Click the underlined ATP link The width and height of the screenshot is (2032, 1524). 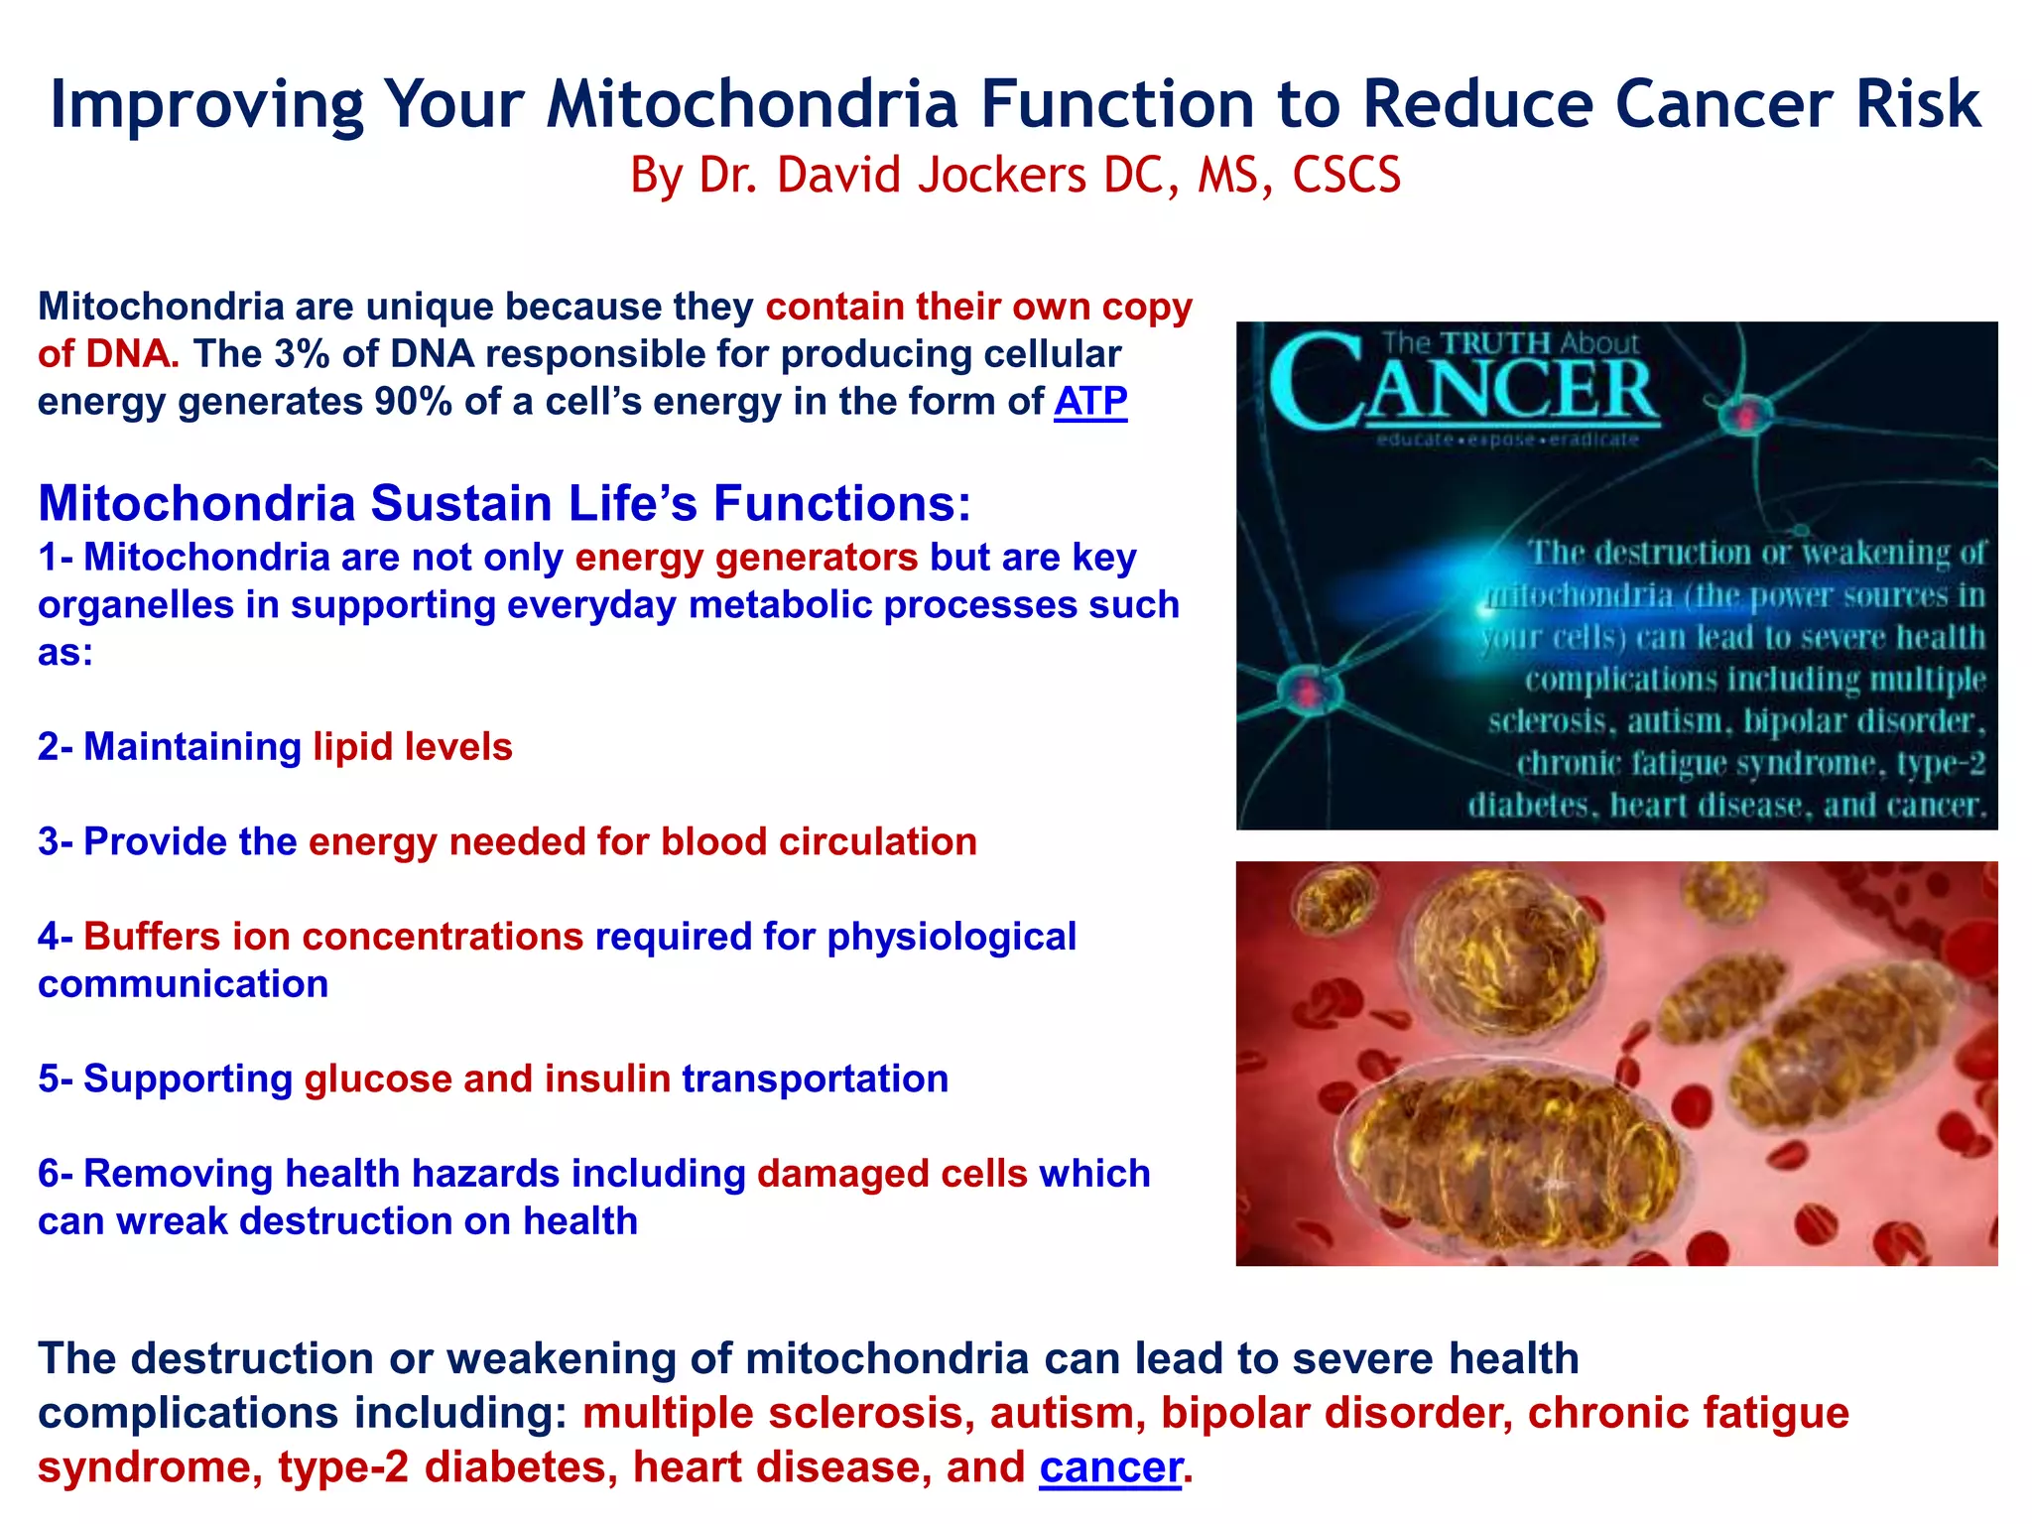[1089, 402]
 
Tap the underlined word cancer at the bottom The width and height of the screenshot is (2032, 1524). [1110, 1466]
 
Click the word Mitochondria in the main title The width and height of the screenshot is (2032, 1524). [752, 103]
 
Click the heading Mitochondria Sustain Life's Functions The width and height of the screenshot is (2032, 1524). [504, 503]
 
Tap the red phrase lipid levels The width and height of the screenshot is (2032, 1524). [413, 747]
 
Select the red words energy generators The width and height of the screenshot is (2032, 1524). [746, 558]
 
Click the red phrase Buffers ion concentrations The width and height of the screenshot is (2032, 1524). [333, 937]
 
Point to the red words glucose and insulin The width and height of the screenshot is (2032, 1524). [487, 1079]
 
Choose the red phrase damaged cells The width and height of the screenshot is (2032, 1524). [892, 1174]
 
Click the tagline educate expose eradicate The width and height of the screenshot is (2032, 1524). [1507, 440]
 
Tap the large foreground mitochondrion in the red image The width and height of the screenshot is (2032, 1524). [1508, 1156]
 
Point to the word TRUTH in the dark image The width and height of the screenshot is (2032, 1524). [1495, 343]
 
